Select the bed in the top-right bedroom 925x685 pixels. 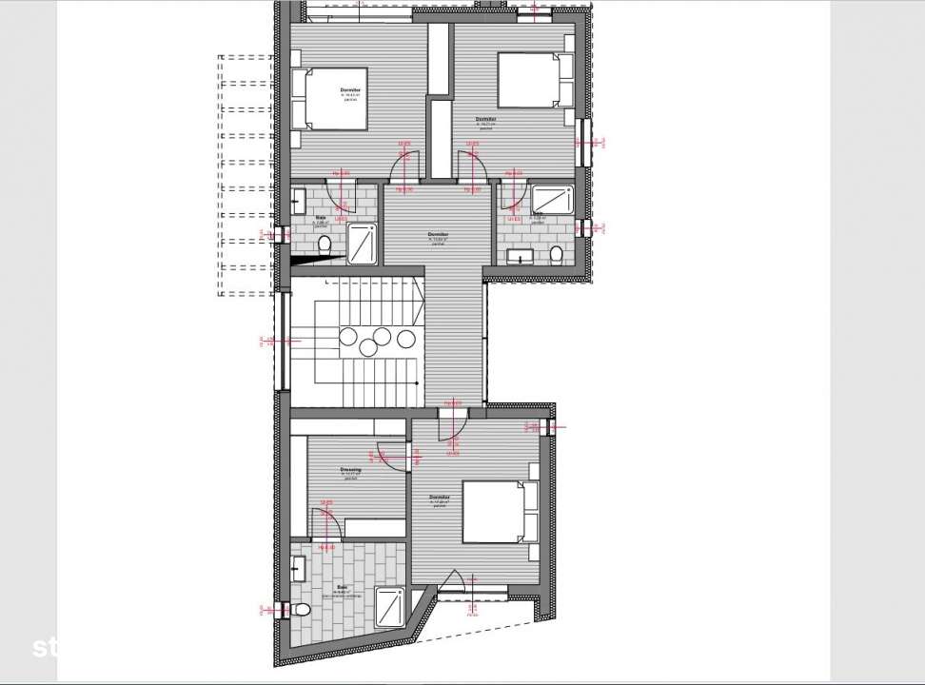click(529, 80)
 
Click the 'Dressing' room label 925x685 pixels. click(350, 470)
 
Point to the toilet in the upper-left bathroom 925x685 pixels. click(325, 246)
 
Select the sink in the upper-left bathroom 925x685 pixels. click(298, 200)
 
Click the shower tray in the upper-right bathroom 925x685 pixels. click(550, 200)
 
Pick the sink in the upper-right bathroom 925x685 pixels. click(520, 255)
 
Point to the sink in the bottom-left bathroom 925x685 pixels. click(297, 569)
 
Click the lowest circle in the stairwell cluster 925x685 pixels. click(367, 348)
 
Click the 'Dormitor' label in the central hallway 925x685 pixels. click(438, 234)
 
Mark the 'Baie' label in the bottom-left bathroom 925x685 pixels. click(342, 587)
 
